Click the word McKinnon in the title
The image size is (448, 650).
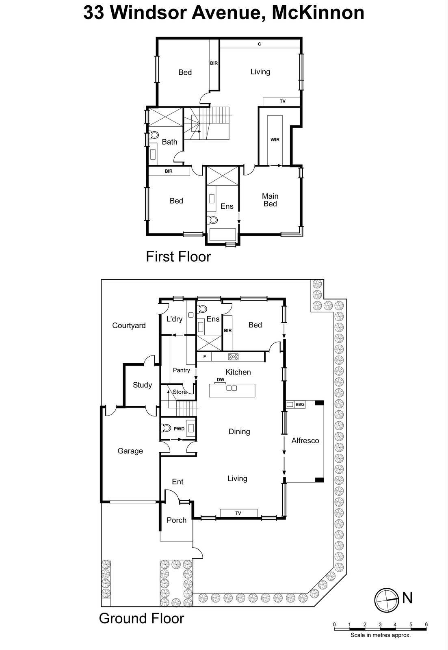click(318, 13)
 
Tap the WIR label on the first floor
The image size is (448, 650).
click(275, 140)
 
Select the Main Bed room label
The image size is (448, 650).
click(270, 200)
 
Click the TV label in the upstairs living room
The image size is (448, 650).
click(282, 101)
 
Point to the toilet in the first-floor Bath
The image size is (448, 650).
click(154, 135)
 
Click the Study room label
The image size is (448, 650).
click(142, 385)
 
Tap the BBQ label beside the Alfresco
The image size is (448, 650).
click(300, 405)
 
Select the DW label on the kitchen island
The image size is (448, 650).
click(221, 380)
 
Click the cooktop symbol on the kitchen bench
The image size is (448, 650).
click(234, 357)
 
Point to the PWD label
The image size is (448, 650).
click(179, 429)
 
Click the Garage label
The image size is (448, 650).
click(130, 451)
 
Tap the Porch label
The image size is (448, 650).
click(176, 520)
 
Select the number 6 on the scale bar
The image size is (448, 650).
click(426, 624)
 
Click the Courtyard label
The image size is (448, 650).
click(129, 325)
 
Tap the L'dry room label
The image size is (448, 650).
click(174, 319)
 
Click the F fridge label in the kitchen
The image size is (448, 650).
click(205, 357)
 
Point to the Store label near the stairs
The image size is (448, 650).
click(180, 392)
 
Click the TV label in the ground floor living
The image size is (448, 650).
click(238, 513)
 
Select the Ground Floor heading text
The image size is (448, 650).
click(141, 618)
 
